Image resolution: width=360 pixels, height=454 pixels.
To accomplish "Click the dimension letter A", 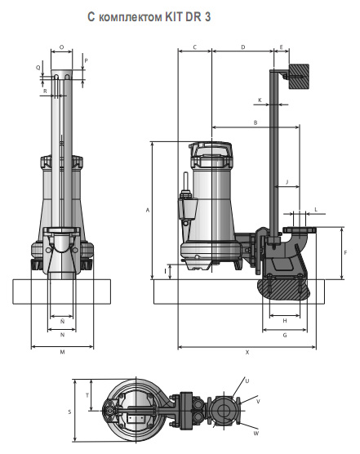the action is pos(148,210).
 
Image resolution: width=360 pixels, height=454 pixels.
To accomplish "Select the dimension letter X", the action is pos(247,353).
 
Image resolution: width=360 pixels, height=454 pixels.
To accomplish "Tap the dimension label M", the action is pos(62,352).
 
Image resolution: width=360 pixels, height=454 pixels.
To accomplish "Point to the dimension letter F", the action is pos(345,253).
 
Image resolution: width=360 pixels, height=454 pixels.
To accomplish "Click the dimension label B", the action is pos(256,122).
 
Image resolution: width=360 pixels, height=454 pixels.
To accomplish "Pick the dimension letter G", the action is pos(285,335).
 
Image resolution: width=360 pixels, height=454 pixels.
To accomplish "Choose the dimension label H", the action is pos(285,321).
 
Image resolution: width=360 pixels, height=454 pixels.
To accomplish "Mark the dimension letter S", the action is pos(69,412).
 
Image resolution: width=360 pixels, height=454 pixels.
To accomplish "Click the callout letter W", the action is pos(256,433).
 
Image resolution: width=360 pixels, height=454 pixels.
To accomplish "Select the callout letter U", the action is pos(247,381).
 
